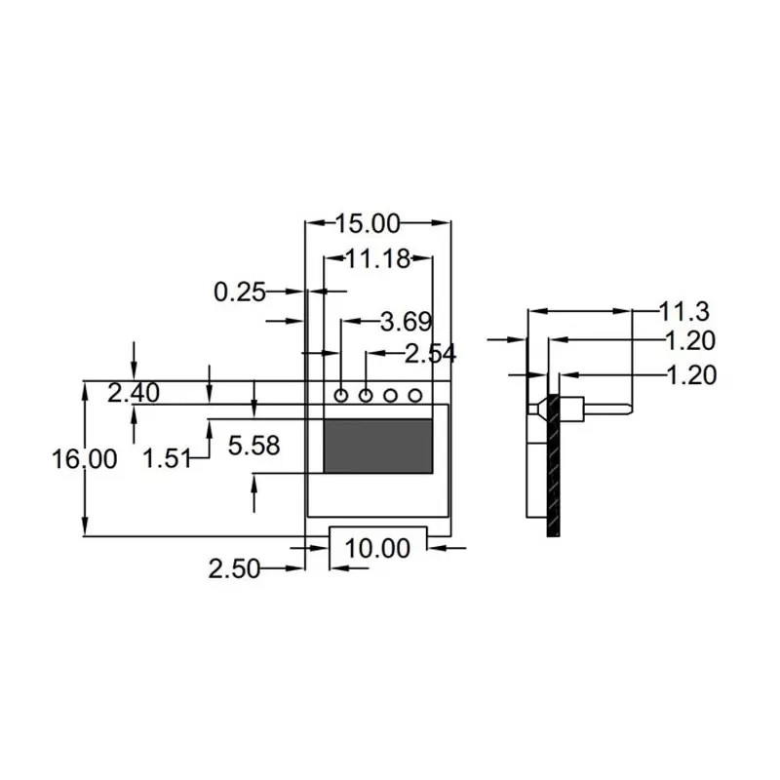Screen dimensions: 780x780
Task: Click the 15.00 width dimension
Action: [x=368, y=224]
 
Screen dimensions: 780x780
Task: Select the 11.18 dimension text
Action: [x=377, y=258]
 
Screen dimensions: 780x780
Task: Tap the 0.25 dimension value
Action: [x=239, y=291]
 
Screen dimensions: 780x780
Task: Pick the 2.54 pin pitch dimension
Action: [x=430, y=354]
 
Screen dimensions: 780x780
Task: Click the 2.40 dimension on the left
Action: [x=134, y=393]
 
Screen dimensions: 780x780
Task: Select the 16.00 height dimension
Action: [x=85, y=459]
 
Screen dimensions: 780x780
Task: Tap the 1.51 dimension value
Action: [x=168, y=458]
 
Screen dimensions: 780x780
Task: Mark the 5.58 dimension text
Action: [x=253, y=446]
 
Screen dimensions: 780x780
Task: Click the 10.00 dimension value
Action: [x=377, y=549]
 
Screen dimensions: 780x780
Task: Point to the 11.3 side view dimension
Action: [x=683, y=312]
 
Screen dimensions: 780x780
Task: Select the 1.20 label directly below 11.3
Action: [x=689, y=341]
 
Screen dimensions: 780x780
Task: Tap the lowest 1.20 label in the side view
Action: [x=689, y=374]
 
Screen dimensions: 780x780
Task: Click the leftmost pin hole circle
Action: [x=341, y=395]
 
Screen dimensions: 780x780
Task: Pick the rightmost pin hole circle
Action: [x=414, y=395]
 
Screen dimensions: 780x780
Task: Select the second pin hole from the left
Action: [x=366, y=395]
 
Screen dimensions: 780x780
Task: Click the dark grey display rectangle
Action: [x=378, y=447]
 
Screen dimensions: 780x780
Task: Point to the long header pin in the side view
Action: [x=604, y=408]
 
